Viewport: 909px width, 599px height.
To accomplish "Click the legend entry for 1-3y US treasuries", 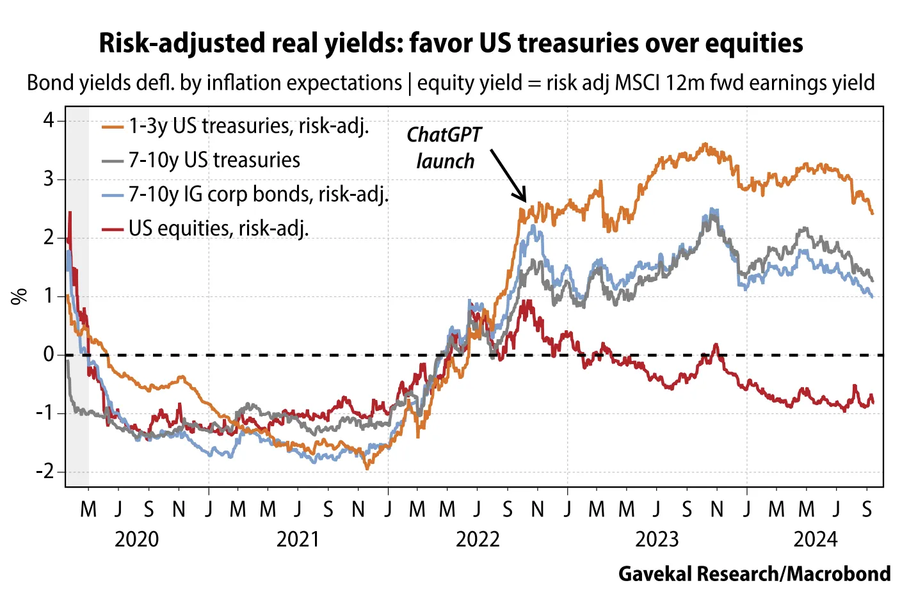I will click(x=248, y=126).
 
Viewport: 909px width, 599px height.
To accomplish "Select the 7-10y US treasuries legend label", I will click(x=214, y=160).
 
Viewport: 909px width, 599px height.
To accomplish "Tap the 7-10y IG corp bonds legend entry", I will click(x=258, y=194).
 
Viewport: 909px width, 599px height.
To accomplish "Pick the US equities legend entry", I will click(x=218, y=228).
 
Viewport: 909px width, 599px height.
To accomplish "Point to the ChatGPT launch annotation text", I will click(x=444, y=148).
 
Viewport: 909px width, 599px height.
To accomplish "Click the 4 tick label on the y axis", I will click(x=49, y=120).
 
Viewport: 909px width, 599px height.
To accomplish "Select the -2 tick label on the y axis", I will click(x=45, y=472).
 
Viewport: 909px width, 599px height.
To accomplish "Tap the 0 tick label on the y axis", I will click(x=49, y=355).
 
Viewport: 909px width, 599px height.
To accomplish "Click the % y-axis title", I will click(x=19, y=296).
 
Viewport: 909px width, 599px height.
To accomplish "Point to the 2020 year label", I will click(x=136, y=539).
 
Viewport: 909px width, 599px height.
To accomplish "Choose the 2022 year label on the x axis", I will click(x=477, y=539).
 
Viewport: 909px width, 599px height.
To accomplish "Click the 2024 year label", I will click(x=815, y=539).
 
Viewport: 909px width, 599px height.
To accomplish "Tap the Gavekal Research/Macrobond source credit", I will click(x=754, y=573).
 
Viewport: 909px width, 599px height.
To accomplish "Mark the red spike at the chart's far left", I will click(x=70, y=214).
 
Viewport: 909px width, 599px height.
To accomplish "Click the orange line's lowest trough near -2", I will click(x=367, y=468).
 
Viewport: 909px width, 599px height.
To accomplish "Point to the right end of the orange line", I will click(x=872, y=213).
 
